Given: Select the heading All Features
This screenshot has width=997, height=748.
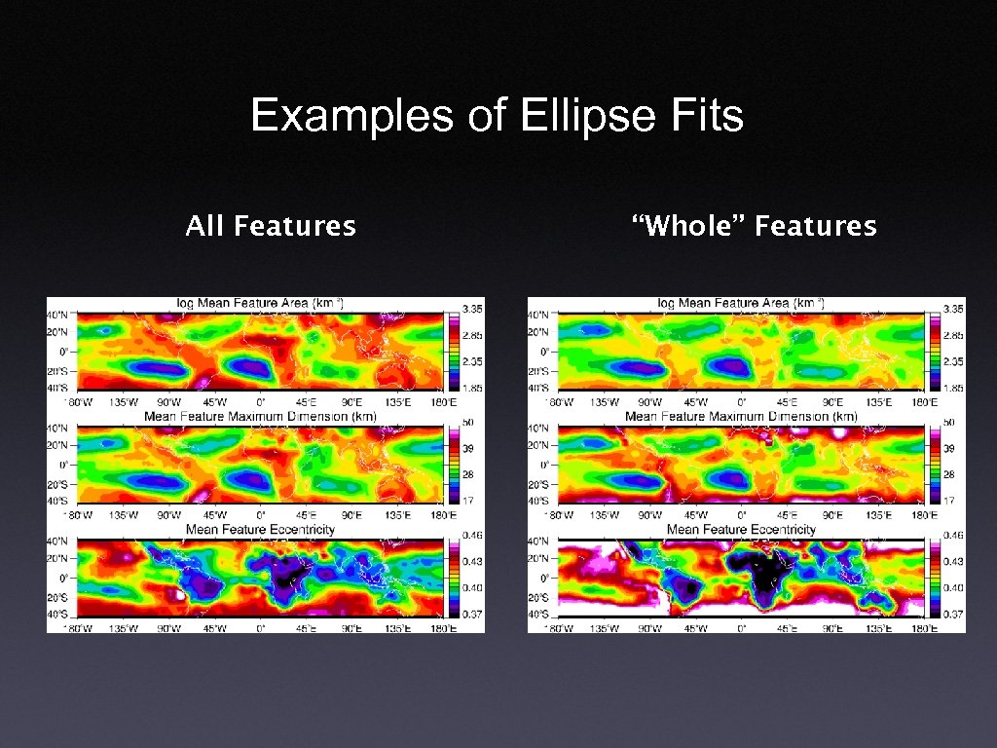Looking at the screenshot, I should tap(271, 227).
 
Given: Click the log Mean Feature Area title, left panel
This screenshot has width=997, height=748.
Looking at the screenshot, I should tap(259, 304).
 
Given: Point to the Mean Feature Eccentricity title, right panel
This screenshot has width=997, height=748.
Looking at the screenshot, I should tap(741, 530).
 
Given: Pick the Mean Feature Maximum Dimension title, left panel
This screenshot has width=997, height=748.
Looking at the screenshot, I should tap(259, 417).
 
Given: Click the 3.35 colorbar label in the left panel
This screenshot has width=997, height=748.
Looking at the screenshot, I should tap(471, 309).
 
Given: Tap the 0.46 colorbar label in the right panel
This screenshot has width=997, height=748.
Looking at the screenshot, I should tap(952, 536).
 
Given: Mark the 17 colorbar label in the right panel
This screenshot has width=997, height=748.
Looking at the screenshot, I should tap(947, 500).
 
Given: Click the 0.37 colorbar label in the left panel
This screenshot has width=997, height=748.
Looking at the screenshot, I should tap(471, 614).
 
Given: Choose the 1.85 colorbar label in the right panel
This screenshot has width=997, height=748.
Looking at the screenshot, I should tap(952, 388).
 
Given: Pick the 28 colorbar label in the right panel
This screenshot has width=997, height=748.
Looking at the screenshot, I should tap(947, 474).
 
